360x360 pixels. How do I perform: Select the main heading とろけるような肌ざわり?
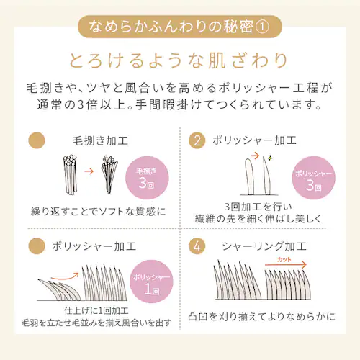pyautogui.click(x=180, y=60)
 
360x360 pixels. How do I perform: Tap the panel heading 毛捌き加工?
pyautogui.click(x=99, y=140)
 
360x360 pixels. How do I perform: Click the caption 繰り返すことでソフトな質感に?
pyautogui.click(x=98, y=212)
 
